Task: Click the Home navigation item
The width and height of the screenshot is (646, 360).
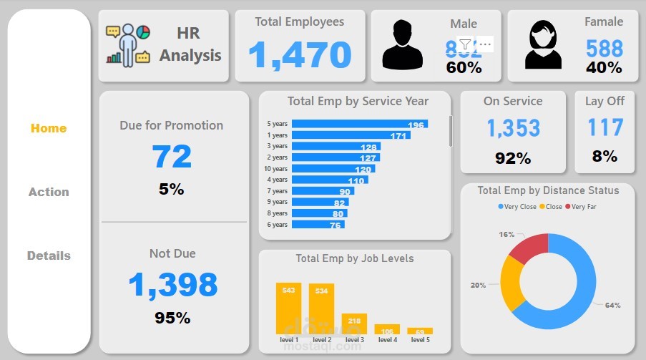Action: coord(48,129)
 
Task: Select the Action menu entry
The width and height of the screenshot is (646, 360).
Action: coord(49,192)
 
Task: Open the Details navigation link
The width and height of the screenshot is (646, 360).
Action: coord(49,256)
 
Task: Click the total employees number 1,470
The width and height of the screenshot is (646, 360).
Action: coord(300,55)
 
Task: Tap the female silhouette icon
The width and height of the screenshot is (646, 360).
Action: coord(543,45)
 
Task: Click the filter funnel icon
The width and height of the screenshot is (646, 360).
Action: coord(465,44)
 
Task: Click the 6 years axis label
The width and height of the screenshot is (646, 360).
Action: coord(277,225)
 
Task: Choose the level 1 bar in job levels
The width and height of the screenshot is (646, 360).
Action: coord(288,308)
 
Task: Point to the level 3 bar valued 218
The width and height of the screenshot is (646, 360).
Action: coord(354,323)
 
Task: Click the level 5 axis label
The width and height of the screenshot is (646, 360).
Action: coord(420,339)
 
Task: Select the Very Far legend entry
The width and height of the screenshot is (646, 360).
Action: coord(580,207)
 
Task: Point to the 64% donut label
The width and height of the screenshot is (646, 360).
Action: coord(612,306)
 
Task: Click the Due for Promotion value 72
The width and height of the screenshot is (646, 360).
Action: coord(172,156)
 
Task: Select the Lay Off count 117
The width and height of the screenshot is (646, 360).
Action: coord(605,127)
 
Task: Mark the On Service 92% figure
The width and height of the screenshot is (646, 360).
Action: coord(513,158)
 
